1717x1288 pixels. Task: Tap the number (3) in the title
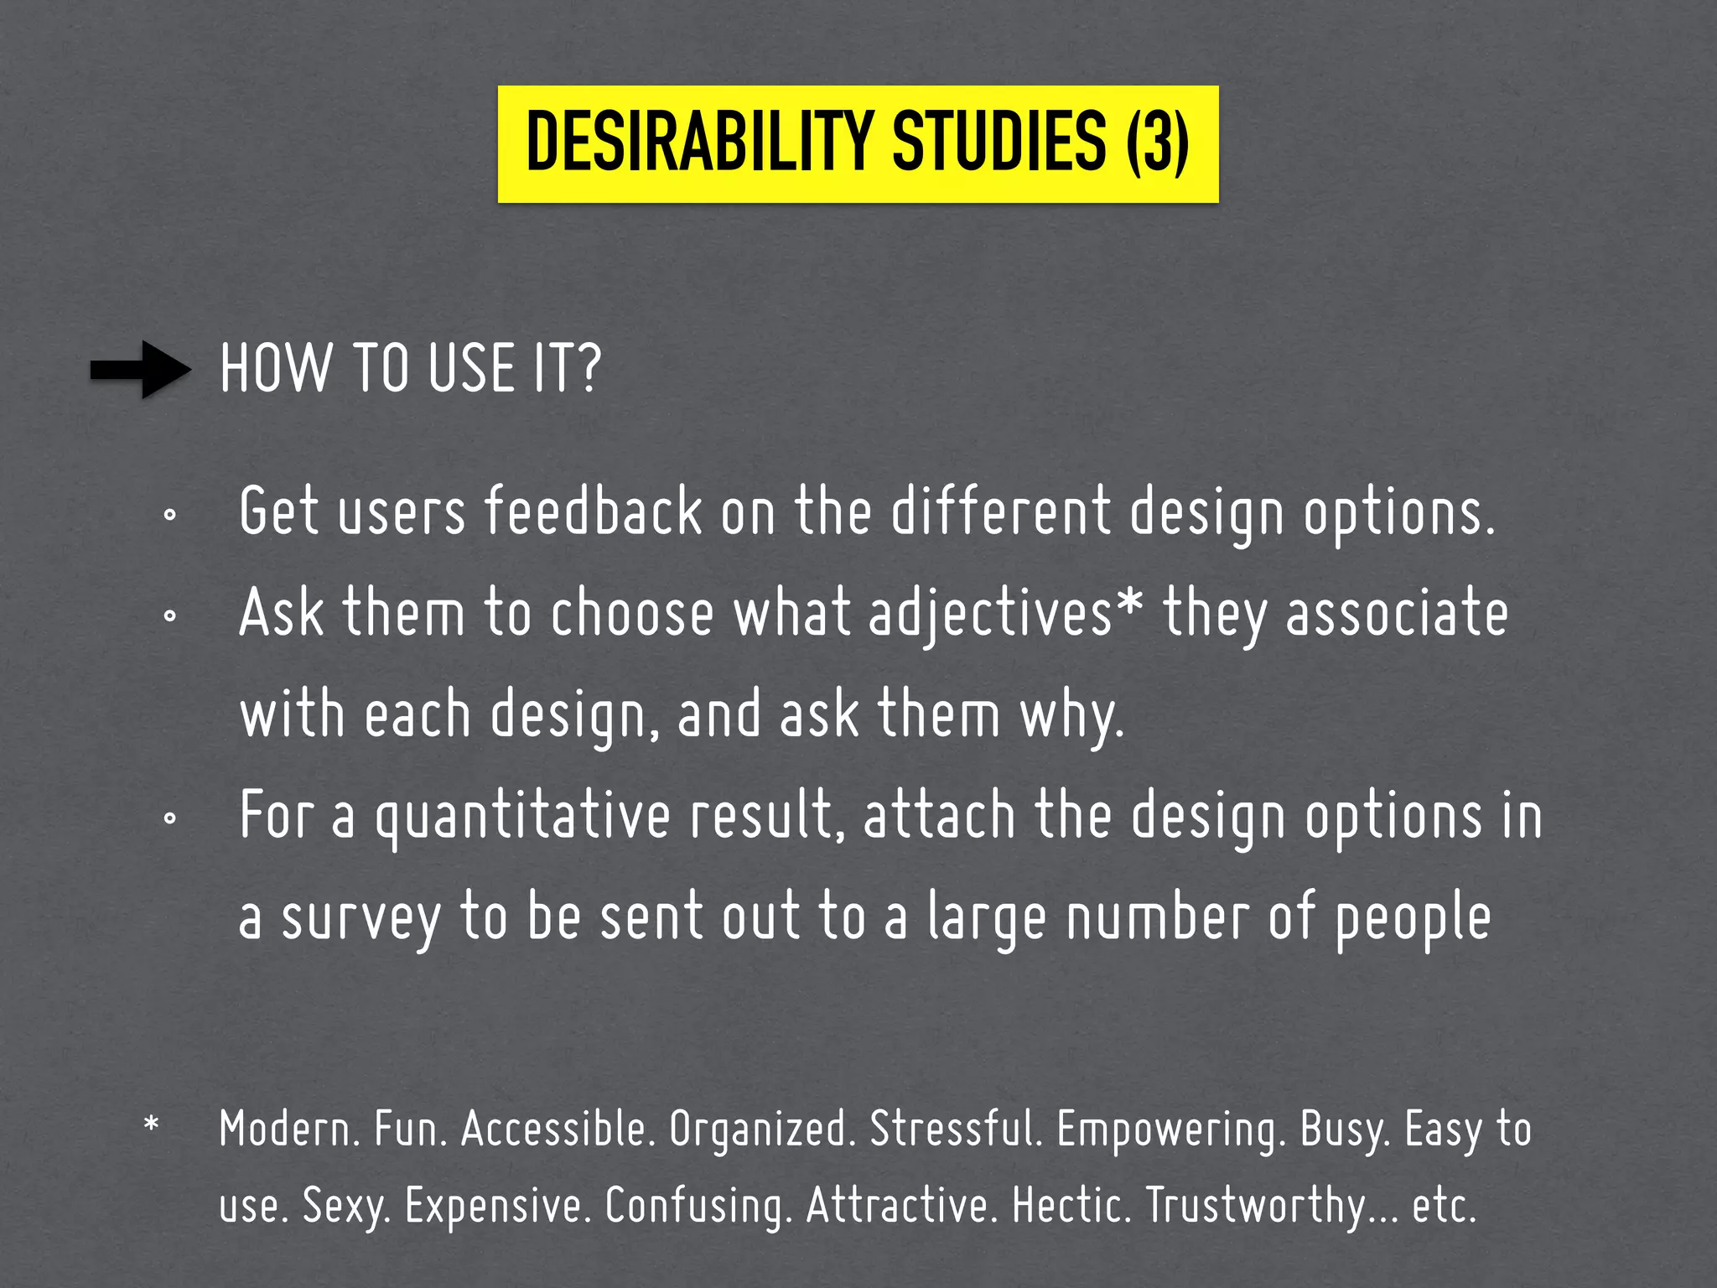pyautogui.click(x=1157, y=143)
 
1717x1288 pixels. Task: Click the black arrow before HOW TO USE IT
pyautogui.click(x=141, y=369)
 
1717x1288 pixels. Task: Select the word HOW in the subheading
pyautogui.click(x=275, y=369)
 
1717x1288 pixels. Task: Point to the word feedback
pyautogui.click(x=594, y=512)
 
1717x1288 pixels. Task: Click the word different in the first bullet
pyautogui.click(x=1000, y=512)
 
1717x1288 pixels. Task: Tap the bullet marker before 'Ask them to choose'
pyautogui.click(x=169, y=616)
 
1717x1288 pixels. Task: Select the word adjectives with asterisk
pyautogui.click(x=1004, y=614)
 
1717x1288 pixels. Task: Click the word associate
pyautogui.click(x=1397, y=612)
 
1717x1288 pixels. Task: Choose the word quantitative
pyautogui.click(x=522, y=818)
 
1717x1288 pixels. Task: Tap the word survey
pyautogui.click(x=361, y=919)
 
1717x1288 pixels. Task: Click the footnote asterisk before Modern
pyautogui.click(x=151, y=1124)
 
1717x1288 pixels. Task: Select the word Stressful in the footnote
pyautogui.click(x=956, y=1129)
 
